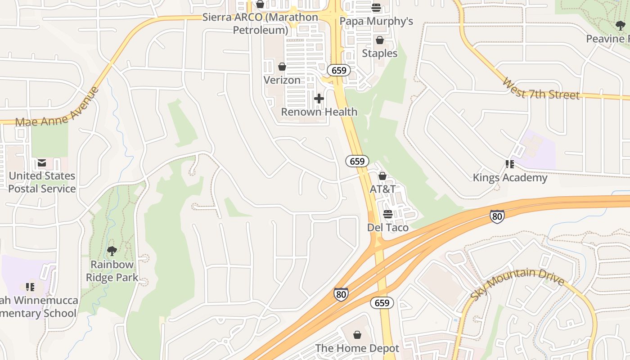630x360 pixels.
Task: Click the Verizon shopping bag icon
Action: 282,67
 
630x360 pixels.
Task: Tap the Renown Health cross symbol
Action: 319,99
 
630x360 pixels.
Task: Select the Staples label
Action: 380,54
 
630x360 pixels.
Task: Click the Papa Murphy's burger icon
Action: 376,8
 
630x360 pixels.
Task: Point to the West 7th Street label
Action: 540,89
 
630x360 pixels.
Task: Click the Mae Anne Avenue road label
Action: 57,107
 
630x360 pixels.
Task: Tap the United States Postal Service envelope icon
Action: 42,163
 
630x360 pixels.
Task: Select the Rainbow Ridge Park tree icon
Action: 112,251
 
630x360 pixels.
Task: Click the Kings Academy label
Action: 510,178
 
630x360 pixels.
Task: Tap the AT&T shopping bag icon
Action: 382,176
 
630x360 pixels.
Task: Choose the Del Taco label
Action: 388,228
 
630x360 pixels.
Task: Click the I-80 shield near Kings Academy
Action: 497,217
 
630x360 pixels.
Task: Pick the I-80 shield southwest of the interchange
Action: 341,294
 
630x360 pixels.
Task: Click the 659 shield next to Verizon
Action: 338,70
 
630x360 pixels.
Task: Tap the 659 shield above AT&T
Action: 357,161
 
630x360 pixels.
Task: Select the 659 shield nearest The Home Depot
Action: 382,303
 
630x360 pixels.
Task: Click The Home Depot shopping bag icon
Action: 357,335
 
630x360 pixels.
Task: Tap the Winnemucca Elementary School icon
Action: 30,287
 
